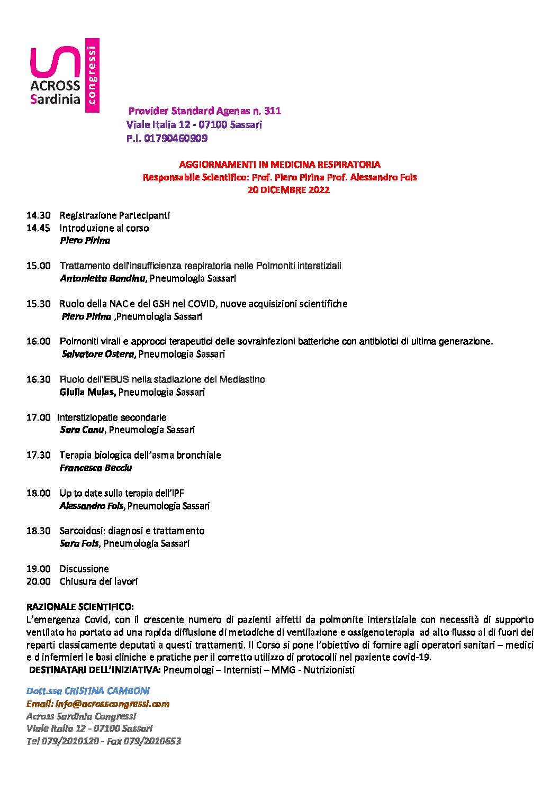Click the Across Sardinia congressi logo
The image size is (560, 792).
coord(64,75)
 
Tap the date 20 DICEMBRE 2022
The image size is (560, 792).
coord(288,190)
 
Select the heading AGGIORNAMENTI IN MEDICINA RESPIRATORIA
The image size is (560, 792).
coord(279,165)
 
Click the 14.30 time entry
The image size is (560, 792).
coord(38,215)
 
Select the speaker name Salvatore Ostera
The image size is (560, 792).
coord(98,354)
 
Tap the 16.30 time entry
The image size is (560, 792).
coord(38,379)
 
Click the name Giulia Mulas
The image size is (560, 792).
coord(87,392)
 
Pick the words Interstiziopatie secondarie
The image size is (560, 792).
coord(112,417)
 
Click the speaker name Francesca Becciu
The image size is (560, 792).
coord(96,468)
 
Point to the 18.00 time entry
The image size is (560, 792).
coord(38,493)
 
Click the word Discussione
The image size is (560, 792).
coord(84,569)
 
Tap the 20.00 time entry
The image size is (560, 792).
coord(38,581)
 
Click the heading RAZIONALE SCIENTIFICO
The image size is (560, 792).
coord(80,606)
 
